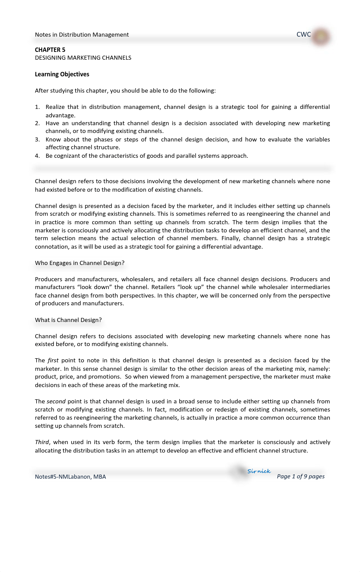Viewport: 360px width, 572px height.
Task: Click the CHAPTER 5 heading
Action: point(50,50)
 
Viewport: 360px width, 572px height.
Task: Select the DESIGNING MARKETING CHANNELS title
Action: point(83,58)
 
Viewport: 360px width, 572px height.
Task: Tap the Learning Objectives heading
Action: point(62,74)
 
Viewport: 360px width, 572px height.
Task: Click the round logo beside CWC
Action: point(321,36)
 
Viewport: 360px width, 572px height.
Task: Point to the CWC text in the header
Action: point(303,34)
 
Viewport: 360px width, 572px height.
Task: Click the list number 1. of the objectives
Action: point(37,107)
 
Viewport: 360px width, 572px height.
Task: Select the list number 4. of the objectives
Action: point(37,156)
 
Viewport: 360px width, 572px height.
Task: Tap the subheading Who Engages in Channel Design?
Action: point(80,263)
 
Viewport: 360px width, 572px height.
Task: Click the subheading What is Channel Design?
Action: point(68,320)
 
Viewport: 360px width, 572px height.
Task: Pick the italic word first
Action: point(53,360)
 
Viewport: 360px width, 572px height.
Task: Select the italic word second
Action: point(56,401)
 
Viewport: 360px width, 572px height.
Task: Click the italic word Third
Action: point(42,442)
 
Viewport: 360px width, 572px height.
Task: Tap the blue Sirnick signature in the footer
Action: point(259,471)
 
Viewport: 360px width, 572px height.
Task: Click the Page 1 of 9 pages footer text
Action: point(301,476)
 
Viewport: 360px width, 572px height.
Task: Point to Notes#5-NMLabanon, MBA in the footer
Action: point(71,477)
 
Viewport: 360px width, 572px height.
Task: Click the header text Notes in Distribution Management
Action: point(82,35)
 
